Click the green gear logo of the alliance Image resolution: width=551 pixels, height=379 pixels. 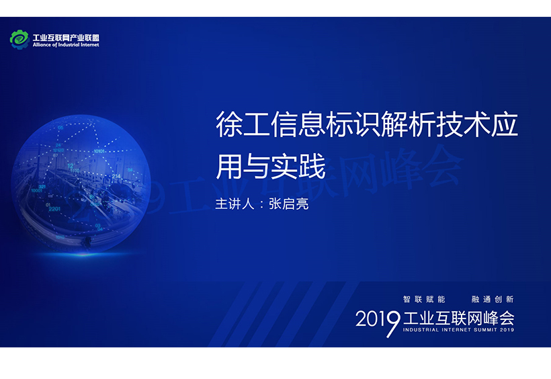tap(19, 40)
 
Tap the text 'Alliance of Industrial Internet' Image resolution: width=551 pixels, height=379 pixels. tap(66, 45)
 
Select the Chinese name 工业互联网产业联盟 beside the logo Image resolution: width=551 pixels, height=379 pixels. tap(66, 38)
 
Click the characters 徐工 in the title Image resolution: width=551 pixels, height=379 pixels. tap(243, 124)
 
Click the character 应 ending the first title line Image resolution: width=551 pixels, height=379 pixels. tap(505, 124)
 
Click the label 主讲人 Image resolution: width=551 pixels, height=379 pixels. tap(235, 204)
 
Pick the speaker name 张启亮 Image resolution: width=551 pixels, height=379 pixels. tap(289, 204)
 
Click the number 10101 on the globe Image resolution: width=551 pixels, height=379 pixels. tap(99, 151)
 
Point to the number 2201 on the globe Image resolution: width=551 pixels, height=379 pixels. tap(54, 209)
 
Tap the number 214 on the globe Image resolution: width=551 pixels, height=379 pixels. tap(116, 176)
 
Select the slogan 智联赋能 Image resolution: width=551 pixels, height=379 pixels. tap(424, 299)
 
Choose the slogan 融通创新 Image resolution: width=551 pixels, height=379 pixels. tap(493, 299)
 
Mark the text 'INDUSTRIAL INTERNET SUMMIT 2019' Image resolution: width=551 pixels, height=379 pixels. tap(458, 330)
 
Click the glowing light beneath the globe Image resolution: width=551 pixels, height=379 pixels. tap(83, 253)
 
